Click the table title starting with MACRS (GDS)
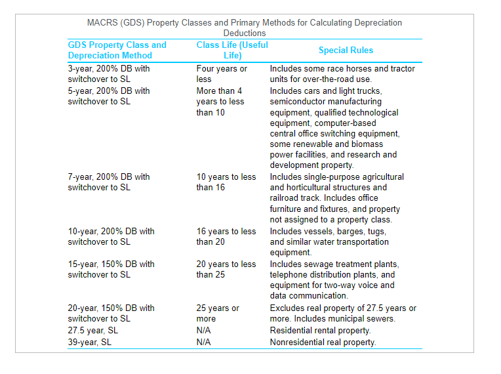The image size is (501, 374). pyautogui.click(x=244, y=28)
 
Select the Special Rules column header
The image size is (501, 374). pyautogui.click(x=346, y=51)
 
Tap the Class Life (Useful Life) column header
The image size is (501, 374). pyautogui.click(x=232, y=51)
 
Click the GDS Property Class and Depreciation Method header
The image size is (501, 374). pyautogui.click(x=117, y=51)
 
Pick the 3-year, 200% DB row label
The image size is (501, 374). pyautogui.click(x=109, y=73)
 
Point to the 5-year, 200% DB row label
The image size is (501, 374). pyautogui.click(x=109, y=96)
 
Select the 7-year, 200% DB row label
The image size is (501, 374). pyautogui.click(x=109, y=182)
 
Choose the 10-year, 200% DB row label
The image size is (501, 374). pyautogui.click(x=111, y=236)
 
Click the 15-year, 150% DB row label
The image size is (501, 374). pyautogui.click(x=111, y=269)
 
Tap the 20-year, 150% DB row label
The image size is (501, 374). pyautogui.click(x=111, y=313)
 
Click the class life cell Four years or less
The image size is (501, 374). pyautogui.click(x=222, y=73)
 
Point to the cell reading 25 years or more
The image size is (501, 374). pyautogui.click(x=218, y=313)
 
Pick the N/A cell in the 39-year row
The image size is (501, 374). pyautogui.click(x=203, y=342)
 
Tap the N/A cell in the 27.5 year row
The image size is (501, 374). pyautogui.click(x=203, y=330)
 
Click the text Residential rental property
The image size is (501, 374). pyautogui.click(x=320, y=330)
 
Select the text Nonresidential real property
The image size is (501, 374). pyautogui.click(x=323, y=342)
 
